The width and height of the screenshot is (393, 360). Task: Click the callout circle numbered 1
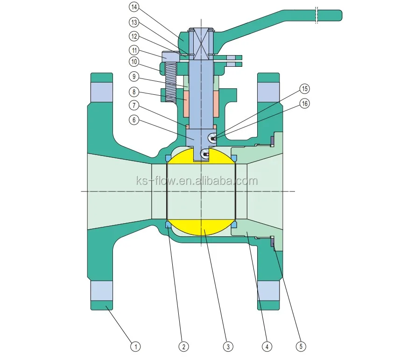(135, 346)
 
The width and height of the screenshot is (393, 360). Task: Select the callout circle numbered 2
(184, 346)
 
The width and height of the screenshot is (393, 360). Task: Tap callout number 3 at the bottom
(227, 346)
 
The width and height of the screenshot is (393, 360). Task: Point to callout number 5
(302, 346)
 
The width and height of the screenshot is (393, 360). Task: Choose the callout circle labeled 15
(304, 88)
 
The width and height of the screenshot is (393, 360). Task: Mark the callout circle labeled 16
(304, 104)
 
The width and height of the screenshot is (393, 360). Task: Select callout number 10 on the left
(134, 62)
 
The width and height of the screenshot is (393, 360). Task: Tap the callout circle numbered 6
(134, 120)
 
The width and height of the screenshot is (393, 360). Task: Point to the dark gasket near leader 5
(272, 243)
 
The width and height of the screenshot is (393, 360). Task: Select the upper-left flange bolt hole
(102, 91)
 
